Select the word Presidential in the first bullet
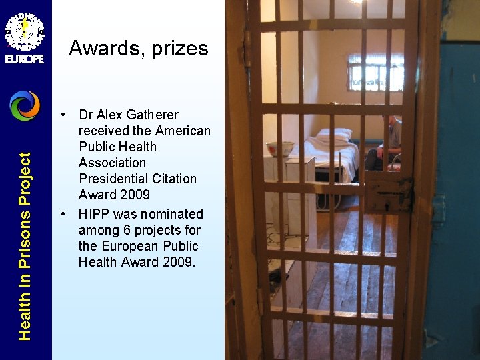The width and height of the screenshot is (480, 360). (x=137, y=179)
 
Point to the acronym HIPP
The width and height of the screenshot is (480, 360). (x=94, y=214)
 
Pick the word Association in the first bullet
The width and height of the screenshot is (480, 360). (x=112, y=163)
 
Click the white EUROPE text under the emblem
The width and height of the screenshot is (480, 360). (x=25, y=59)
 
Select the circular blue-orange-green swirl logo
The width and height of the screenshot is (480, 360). (x=25, y=105)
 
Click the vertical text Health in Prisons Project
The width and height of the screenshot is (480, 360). (x=25, y=246)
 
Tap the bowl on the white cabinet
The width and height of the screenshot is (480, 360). (x=279, y=148)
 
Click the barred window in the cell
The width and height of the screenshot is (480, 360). (x=375, y=72)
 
